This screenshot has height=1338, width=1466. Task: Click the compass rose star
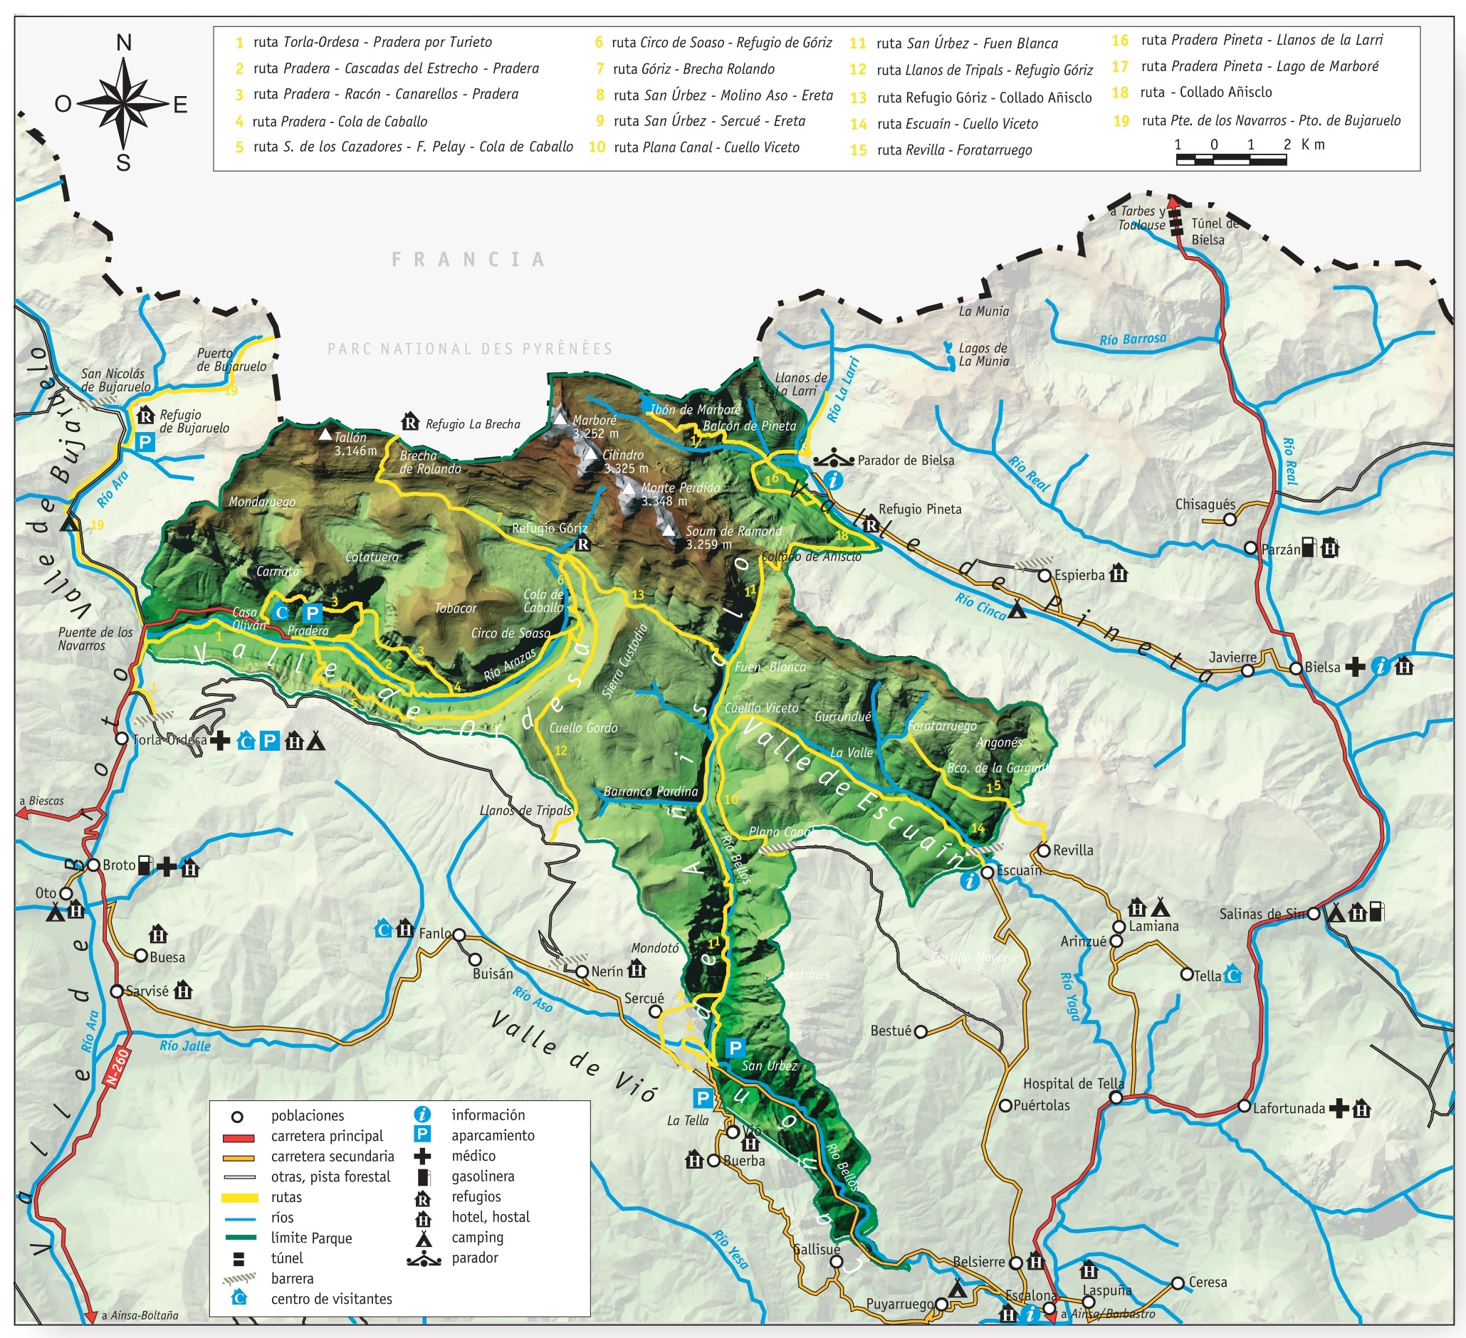123,104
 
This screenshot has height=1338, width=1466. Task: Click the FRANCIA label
469,260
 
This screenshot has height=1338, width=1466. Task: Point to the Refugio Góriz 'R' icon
582,544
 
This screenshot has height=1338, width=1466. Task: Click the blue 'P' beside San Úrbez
735,1048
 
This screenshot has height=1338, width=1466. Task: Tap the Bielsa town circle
1296,668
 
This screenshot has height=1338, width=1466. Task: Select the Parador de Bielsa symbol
833,460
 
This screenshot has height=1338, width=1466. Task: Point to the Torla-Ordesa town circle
122,739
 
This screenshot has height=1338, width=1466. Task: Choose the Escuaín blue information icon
969,882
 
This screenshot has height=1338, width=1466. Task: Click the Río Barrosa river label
1132,339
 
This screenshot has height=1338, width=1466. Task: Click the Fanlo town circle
459,934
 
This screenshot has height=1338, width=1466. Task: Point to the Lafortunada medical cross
1338,1108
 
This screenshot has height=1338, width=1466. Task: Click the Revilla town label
1072,850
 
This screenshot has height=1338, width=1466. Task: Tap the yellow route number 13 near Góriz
638,595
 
